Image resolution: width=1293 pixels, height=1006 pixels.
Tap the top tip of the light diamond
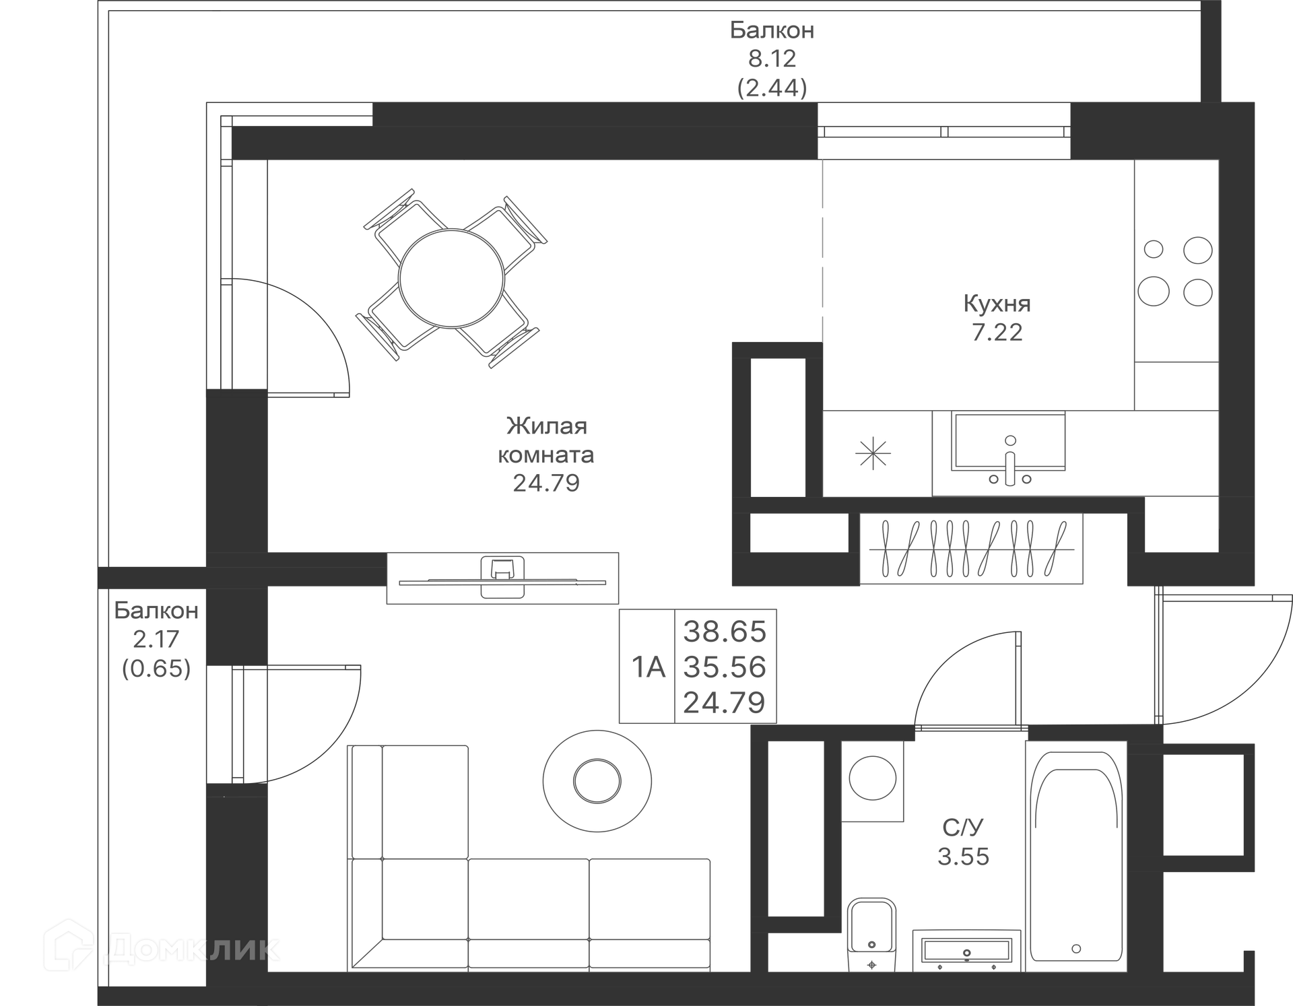point(822,162)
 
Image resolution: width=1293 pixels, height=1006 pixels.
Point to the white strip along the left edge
point(48,471)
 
